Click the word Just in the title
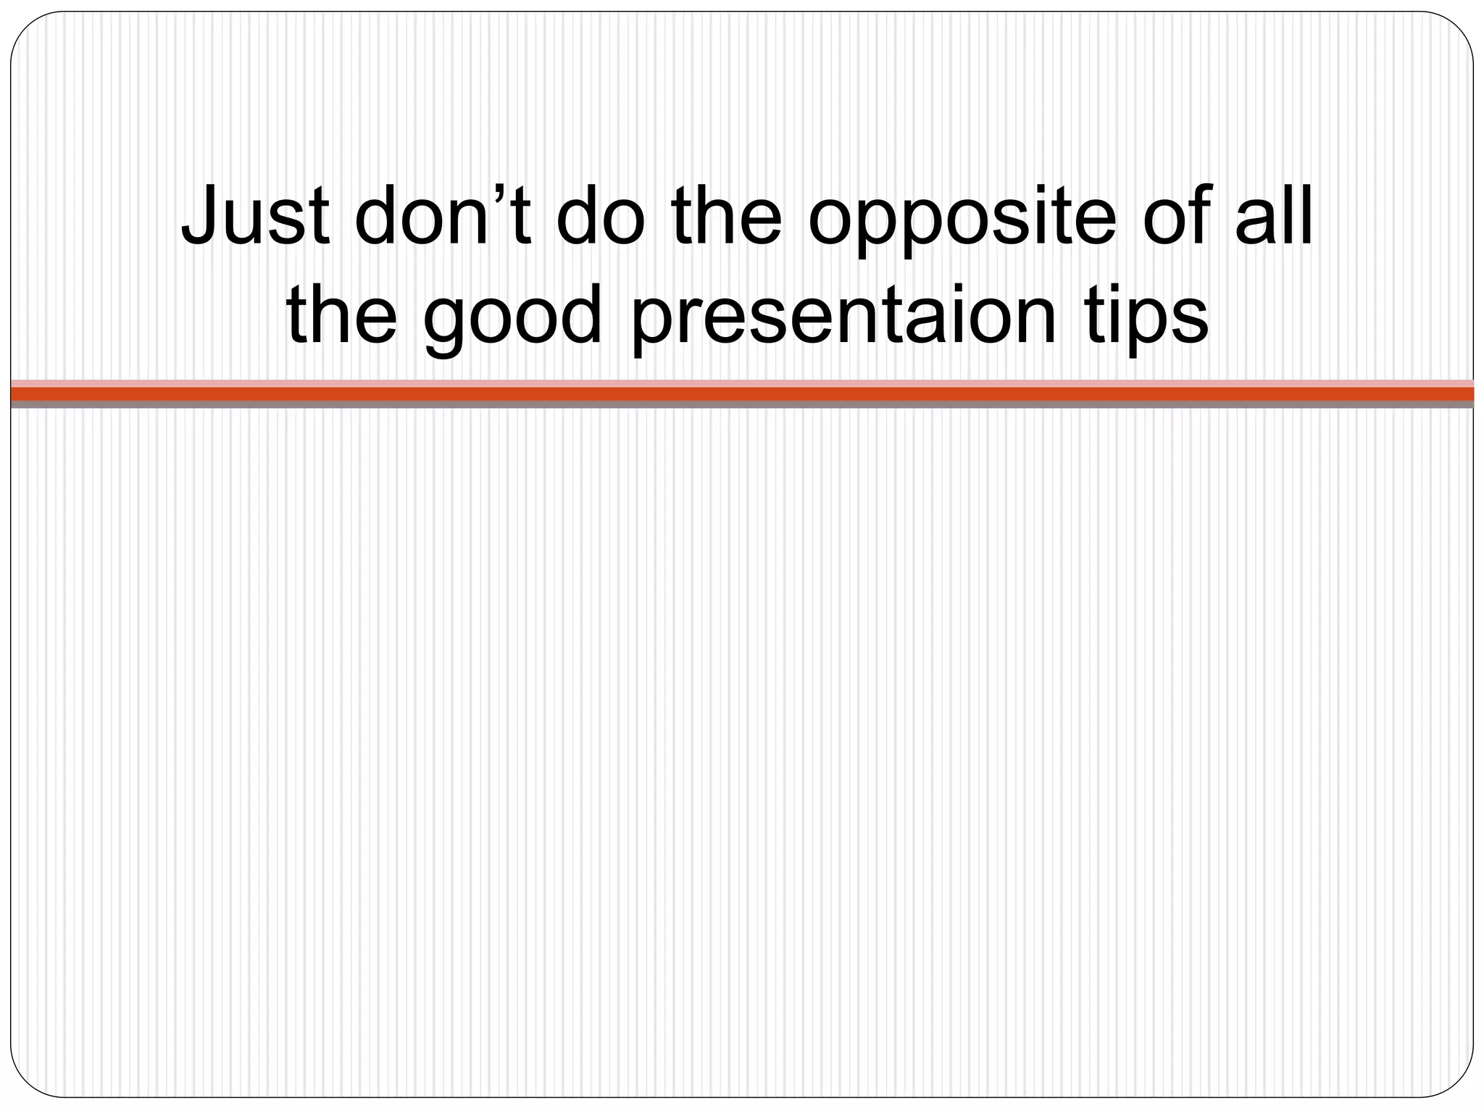pos(255,216)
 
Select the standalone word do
pos(600,216)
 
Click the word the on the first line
pos(726,216)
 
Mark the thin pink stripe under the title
pos(742,383)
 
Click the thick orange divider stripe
pos(742,393)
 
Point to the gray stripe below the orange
pos(742,404)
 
